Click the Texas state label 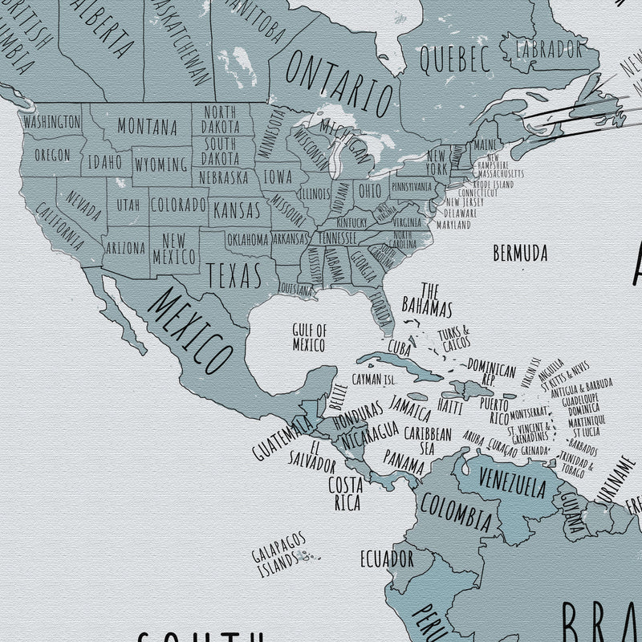(x=234, y=274)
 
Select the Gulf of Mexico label (x=309, y=337)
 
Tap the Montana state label (x=148, y=126)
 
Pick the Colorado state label (x=179, y=204)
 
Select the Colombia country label (x=455, y=512)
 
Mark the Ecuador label (x=386, y=558)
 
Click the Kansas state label (x=239, y=211)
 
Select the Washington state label (x=51, y=122)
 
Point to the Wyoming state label (x=161, y=165)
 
